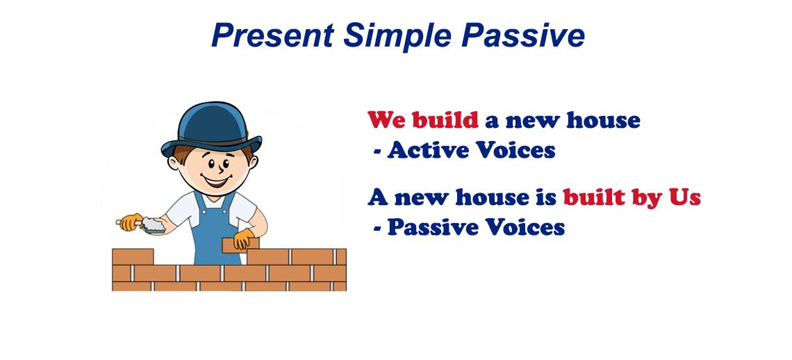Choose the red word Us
(x=684, y=197)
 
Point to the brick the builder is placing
(x=240, y=245)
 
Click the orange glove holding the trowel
(x=131, y=222)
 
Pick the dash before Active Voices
(x=377, y=150)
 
